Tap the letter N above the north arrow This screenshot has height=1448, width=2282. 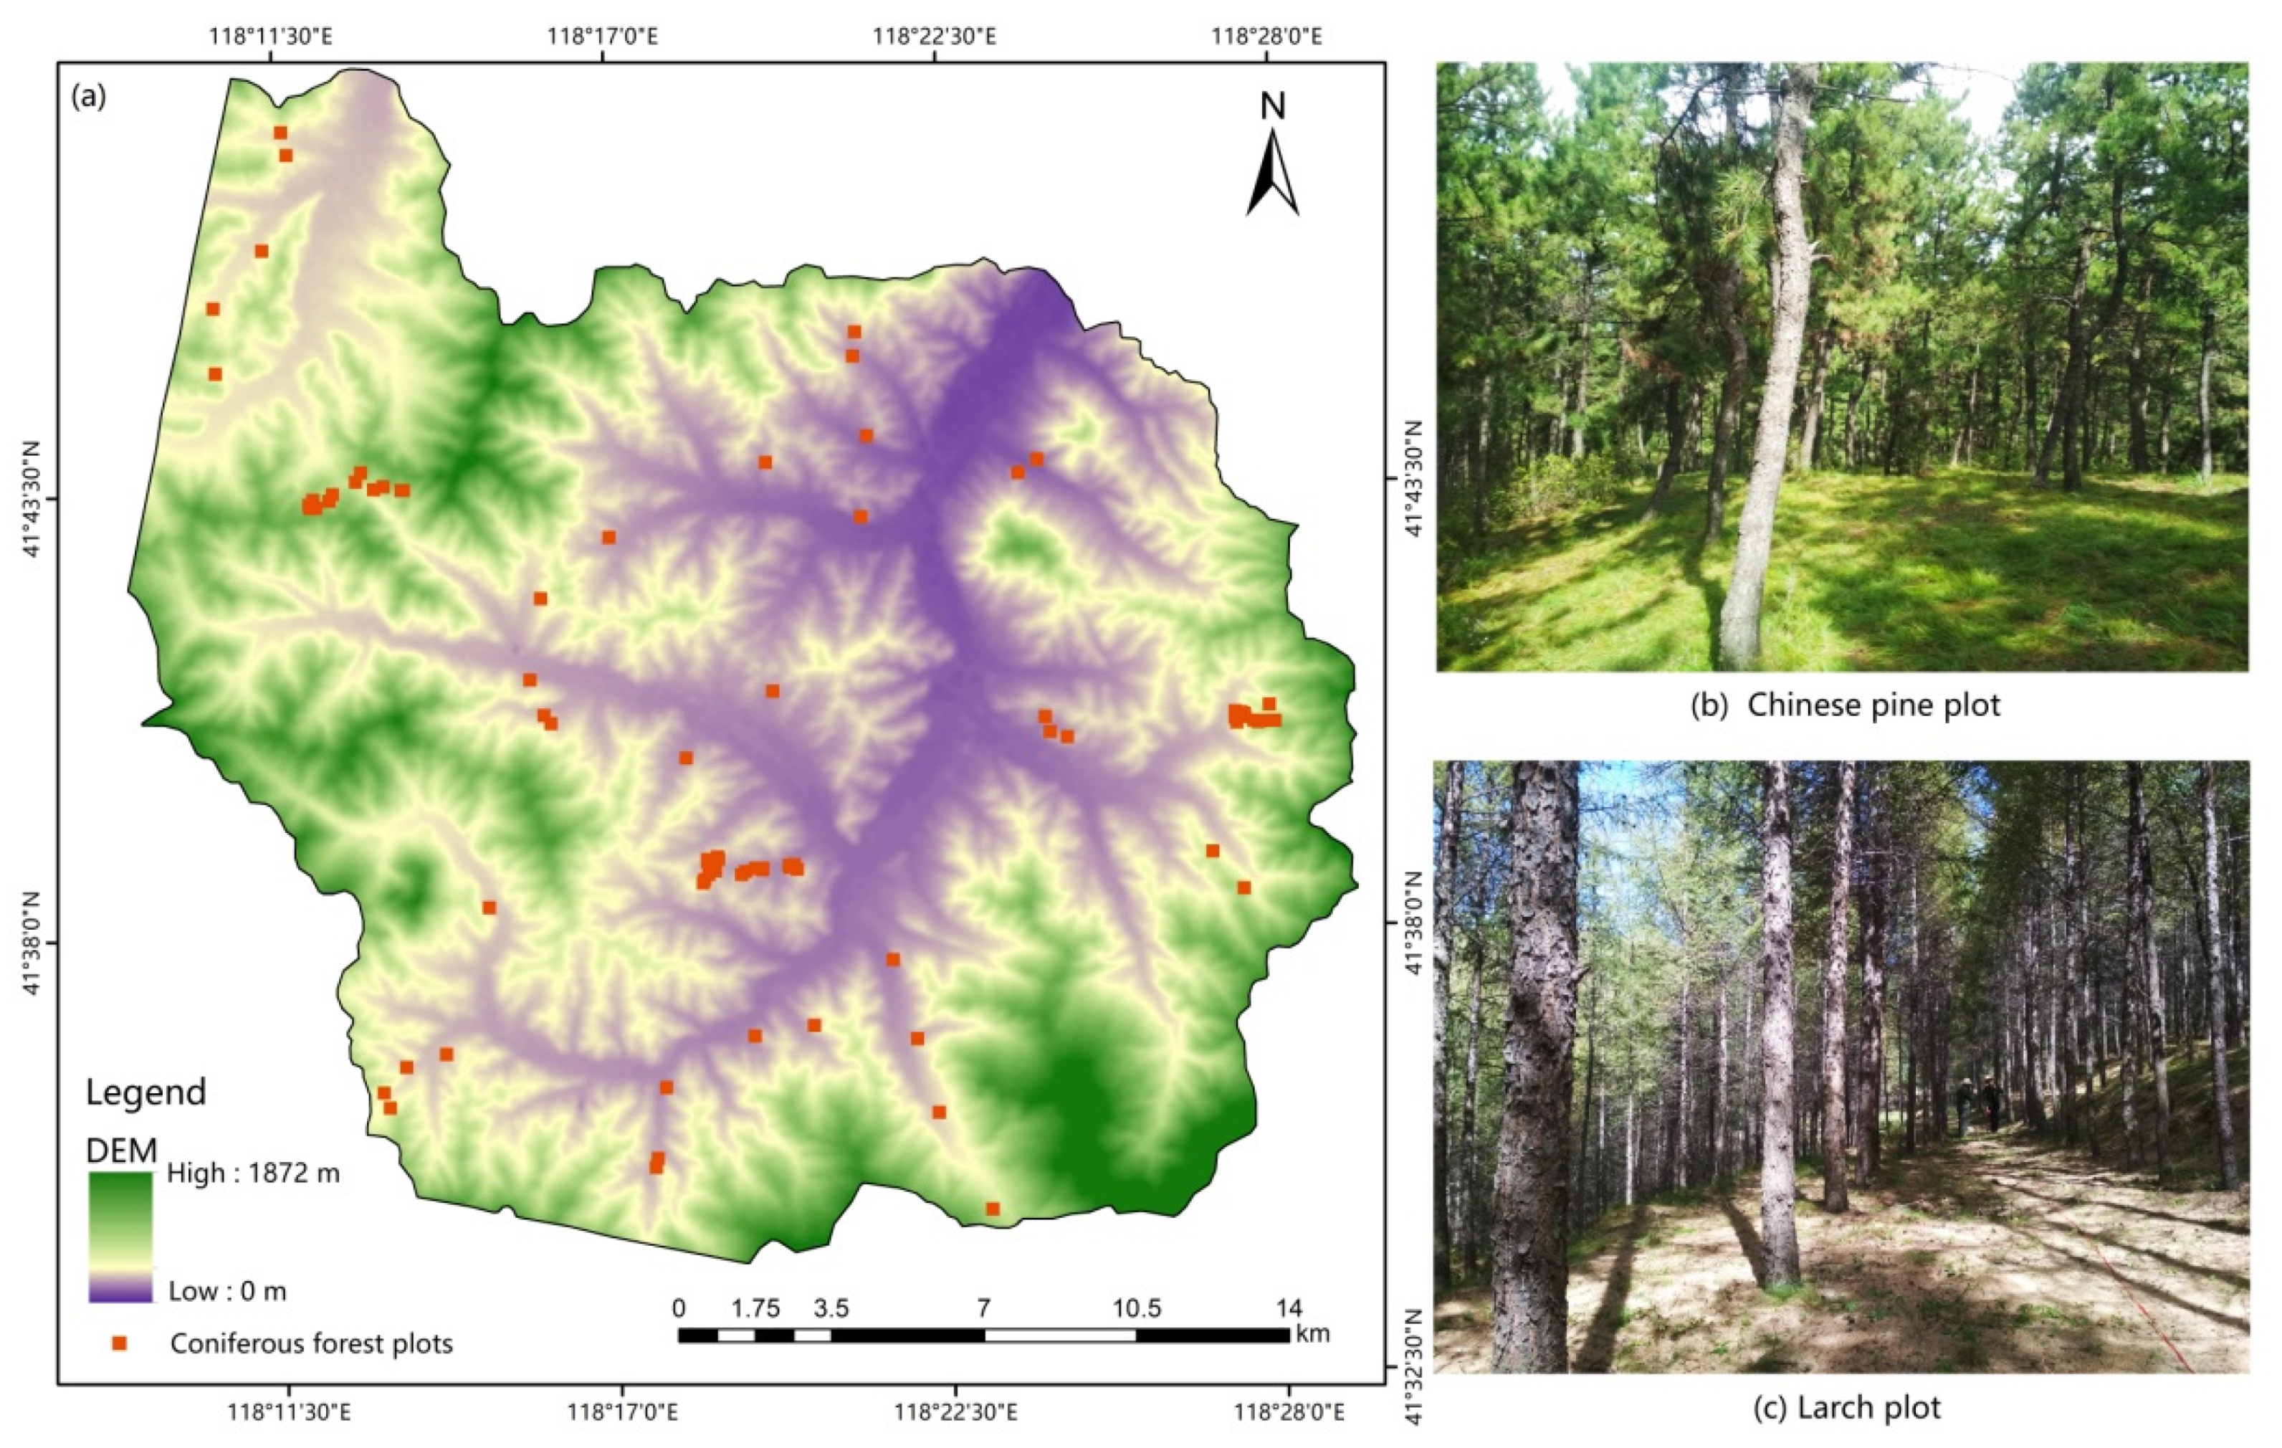1273,106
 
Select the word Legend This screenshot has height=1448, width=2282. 146,1092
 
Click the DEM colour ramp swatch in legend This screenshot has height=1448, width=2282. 120,1236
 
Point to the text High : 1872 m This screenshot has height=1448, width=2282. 253,1173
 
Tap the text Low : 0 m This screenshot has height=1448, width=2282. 227,1291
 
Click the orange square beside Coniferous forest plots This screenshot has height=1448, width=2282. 120,1343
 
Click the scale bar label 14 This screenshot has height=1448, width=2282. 1289,1309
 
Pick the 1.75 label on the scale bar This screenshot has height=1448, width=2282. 755,1309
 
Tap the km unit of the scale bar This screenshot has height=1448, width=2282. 1312,1333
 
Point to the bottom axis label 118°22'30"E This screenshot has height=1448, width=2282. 956,1412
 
